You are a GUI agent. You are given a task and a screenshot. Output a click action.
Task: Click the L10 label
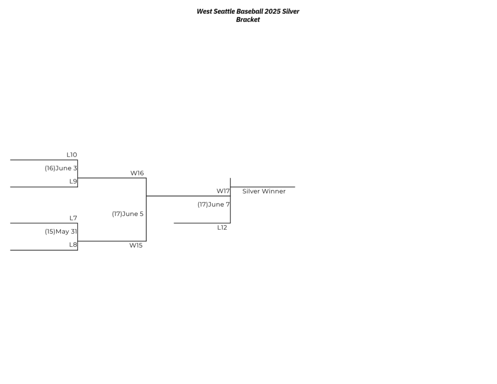[72, 155]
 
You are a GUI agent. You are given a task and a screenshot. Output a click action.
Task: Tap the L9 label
[73, 181]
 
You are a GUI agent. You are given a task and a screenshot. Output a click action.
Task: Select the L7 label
[73, 218]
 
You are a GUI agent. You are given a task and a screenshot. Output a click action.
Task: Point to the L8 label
[73, 245]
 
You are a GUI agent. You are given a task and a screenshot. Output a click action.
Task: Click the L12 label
[222, 227]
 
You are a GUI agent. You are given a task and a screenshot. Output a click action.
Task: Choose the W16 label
[137, 173]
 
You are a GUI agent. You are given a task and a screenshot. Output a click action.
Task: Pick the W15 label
[136, 245]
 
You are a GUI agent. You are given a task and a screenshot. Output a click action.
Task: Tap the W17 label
[223, 191]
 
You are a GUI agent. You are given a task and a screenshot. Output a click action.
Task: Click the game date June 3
[66, 168]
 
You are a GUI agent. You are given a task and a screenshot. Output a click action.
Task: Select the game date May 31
[66, 231]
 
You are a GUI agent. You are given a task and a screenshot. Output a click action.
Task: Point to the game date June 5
[133, 214]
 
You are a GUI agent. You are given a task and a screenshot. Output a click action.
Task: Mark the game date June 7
[219, 205]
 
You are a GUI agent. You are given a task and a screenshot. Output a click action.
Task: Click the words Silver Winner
[264, 191]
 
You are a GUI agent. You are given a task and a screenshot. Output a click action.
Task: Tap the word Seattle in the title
[224, 12]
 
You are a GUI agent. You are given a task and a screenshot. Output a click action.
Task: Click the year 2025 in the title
[273, 12]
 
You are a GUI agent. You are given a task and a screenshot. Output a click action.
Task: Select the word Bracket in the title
[248, 19]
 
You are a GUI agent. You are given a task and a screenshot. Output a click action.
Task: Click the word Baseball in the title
[250, 12]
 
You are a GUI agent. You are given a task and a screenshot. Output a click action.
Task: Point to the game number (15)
[50, 231]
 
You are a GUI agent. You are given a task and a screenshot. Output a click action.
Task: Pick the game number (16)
[50, 168]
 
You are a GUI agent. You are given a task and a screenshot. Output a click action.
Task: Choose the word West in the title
[204, 12]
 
